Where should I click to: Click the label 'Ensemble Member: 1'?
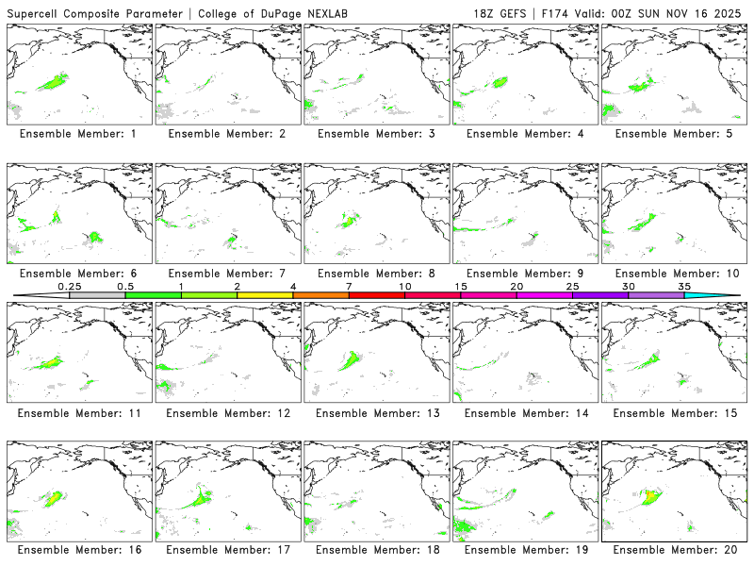pos(77,134)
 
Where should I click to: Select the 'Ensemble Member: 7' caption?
pos(226,274)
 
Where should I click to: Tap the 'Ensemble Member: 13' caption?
pos(375,413)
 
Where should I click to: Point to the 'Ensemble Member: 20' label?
pos(673,549)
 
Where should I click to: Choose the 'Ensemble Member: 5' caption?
pos(673,134)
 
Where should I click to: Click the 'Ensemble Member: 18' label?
pos(375,549)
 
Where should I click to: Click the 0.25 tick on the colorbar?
pos(69,286)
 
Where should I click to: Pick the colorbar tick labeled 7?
pos(349,286)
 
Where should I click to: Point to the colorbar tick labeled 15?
pos(460,286)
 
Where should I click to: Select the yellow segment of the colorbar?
pos(265,295)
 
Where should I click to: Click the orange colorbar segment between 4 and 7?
pos(320,295)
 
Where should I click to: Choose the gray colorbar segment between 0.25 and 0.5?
pos(97,295)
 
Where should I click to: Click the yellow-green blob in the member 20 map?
pos(649,495)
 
